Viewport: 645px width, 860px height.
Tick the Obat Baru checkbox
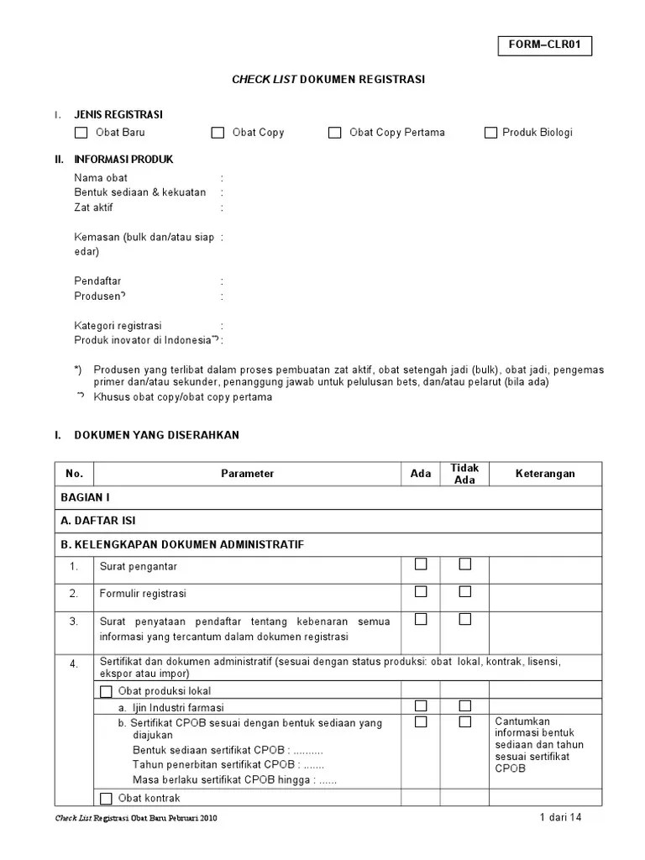81,133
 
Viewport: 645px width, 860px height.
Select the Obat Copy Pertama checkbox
335,133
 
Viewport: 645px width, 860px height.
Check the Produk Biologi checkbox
490,133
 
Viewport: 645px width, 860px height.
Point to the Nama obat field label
101,178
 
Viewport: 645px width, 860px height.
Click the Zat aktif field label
94,207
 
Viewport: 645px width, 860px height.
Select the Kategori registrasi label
118,325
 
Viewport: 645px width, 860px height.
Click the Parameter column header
247,474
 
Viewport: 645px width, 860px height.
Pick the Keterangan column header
545,474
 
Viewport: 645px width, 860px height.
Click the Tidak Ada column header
464,474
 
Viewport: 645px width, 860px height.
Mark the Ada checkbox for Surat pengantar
421,564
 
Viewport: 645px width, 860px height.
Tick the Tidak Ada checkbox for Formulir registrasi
464,592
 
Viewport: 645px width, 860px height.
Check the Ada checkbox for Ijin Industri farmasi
421,705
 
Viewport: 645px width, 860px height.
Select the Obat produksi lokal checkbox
106,692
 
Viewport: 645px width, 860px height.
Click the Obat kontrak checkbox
106,799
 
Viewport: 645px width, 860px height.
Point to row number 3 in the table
74,621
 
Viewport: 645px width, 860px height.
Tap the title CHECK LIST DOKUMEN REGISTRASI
328,80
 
